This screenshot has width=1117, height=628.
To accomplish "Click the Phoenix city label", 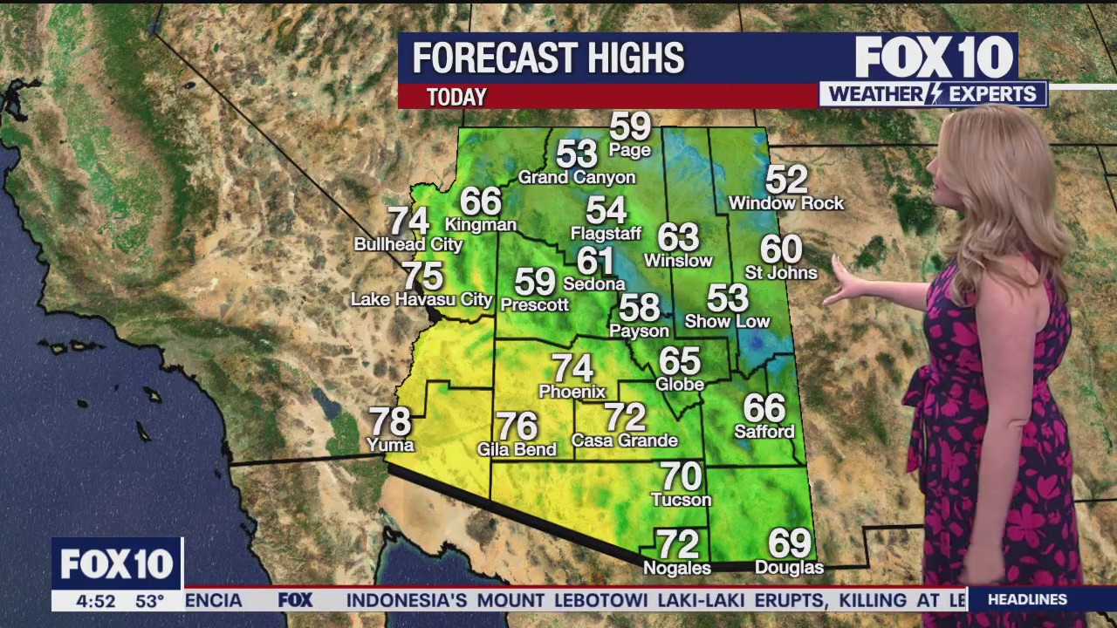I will [572, 392].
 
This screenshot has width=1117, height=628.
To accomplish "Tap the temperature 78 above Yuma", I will [390, 422].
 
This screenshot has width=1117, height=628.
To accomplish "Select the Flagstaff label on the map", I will [606, 234].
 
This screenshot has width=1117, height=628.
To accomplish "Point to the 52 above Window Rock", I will [786, 180].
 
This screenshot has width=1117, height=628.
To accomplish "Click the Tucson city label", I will [682, 500].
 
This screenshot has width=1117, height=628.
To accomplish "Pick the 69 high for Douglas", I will [789, 544].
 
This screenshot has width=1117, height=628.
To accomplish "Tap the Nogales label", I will [677, 568].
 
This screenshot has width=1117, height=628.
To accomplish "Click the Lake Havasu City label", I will [421, 300].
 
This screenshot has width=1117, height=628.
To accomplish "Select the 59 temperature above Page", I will [630, 126].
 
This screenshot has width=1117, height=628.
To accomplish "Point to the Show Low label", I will [727, 322].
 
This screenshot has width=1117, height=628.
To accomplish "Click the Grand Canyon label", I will [577, 178].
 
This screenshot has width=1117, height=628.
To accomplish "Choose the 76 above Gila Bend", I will [517, 427].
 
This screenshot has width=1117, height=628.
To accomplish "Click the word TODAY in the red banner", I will [456, 97].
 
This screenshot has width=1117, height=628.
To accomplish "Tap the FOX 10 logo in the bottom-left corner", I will [117, 564].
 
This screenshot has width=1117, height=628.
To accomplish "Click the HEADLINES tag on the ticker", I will [1027, 599].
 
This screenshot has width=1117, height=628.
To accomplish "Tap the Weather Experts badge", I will [932, 94].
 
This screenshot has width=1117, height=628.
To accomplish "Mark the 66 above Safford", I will [764, 408].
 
